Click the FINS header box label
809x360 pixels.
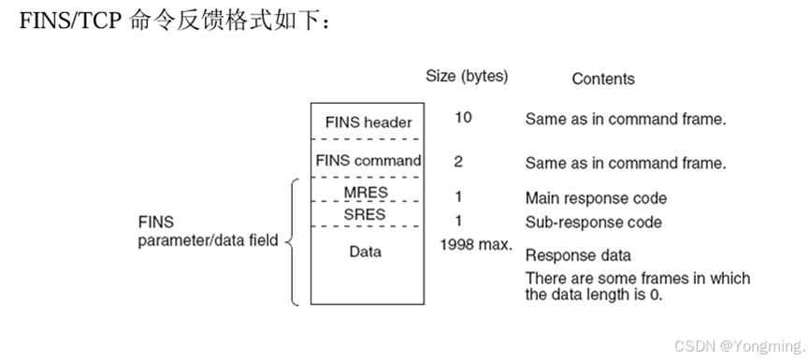pyautogui.click(x=368, y=122)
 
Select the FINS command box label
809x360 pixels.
pyautogui.click(x=368, y=161)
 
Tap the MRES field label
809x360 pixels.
pyautogui.click(x=366, y=194)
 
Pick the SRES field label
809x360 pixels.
pyautogui.click(x=366, y=215)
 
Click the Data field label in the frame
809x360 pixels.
pyautogui.click(x=366, y=252)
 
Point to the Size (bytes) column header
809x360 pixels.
pyautogui.click(x=467, y=77)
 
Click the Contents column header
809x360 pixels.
pyautogui.click(x=603, y=79)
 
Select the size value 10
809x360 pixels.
pyautogui.click(x=463, y=118)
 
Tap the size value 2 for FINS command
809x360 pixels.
pyautogui.click(x=458, y=162)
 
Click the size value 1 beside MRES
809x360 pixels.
pyautogui.click(x=458, y=197)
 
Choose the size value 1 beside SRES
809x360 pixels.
pyautogui.click(x=458, y=221)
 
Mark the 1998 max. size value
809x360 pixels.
pyautogui.click(x=476, y=245)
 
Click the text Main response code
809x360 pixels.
pyautogui.click(x=596, y=198)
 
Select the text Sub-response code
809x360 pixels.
pyautogui.click(x=593, y=223)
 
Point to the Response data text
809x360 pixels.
pyautogui.click(x=578, y=255)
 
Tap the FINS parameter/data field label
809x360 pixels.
pyautogui.click(x=208, y=233)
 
